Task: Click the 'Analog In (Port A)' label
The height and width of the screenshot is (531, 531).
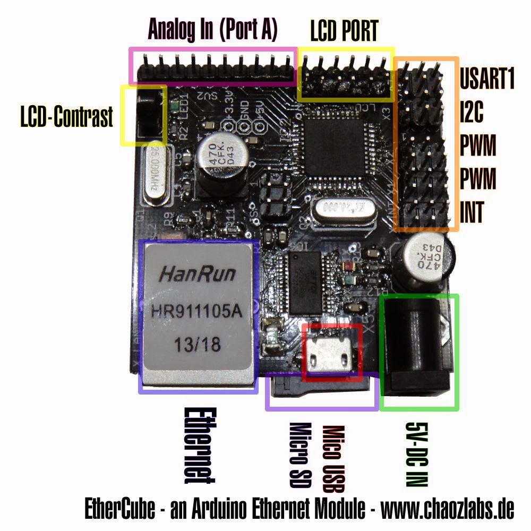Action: coord(212,30)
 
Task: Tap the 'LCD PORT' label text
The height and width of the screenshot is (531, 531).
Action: coord(344,31)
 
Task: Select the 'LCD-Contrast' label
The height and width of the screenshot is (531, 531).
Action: coord(67,117)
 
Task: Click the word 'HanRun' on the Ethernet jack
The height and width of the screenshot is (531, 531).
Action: coord(198,275)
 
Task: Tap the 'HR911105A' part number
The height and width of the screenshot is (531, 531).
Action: coord(197,312)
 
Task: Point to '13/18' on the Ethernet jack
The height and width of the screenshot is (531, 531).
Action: coord(198,346)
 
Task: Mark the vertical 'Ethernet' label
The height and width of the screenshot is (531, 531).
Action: coord(199,445)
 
